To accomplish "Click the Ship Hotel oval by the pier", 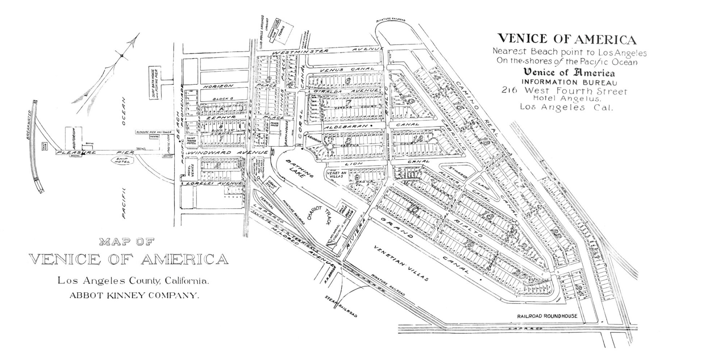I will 122,161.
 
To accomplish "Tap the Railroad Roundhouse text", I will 547,316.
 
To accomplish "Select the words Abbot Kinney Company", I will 134,295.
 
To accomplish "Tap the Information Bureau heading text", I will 569,82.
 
